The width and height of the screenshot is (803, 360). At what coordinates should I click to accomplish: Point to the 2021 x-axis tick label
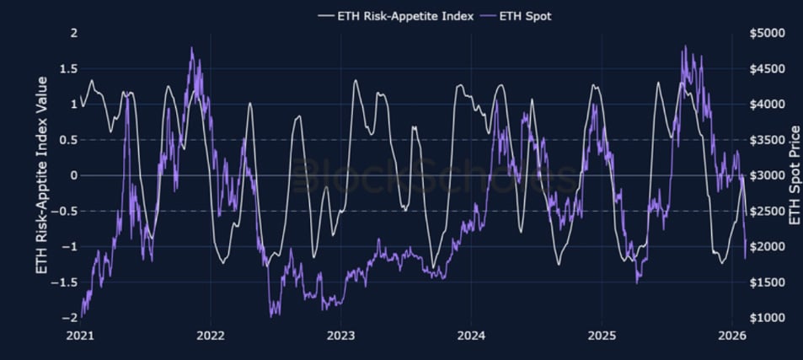click(x=80, y=335)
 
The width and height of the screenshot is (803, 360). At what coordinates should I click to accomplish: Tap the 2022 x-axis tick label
click(x=210, y=335)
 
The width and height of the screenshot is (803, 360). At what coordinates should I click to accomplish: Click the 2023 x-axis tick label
click(x=340, y=335)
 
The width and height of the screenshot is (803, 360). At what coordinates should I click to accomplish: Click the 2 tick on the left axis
click(x=73, y=33)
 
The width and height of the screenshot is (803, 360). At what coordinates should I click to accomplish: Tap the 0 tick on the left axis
click(x=73, y=175)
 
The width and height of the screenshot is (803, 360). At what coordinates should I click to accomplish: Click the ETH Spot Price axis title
click(x=793, y=175)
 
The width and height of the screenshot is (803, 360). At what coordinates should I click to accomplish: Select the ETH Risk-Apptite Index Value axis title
click(x=41, y=175)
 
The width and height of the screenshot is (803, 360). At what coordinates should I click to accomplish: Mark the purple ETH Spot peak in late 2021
click(x=192, y=49)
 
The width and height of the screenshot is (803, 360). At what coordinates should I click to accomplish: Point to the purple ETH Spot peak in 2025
click(x=685, y=46)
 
